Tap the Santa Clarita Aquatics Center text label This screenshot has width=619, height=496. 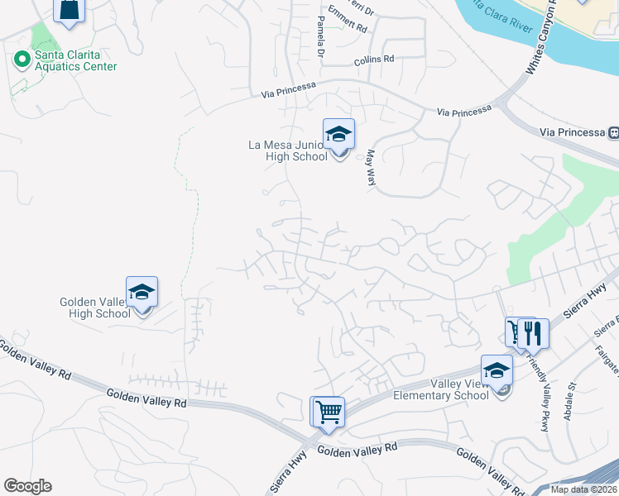pos(75,60)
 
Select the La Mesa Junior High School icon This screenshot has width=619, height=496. pos(338,135)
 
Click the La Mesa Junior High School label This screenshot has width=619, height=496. pos(288,150)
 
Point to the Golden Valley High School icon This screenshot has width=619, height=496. pos(142,293)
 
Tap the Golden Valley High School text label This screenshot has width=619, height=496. pos(95,308)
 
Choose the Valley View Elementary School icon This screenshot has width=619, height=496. pos(497,370)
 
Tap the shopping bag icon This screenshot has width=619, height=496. pos(70,9)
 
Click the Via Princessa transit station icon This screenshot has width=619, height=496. pos(613,132)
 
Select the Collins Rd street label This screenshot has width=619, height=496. pos(374,60)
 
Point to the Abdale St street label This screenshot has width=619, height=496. pos(569,402)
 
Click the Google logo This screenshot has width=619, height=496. pos(27,486)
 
